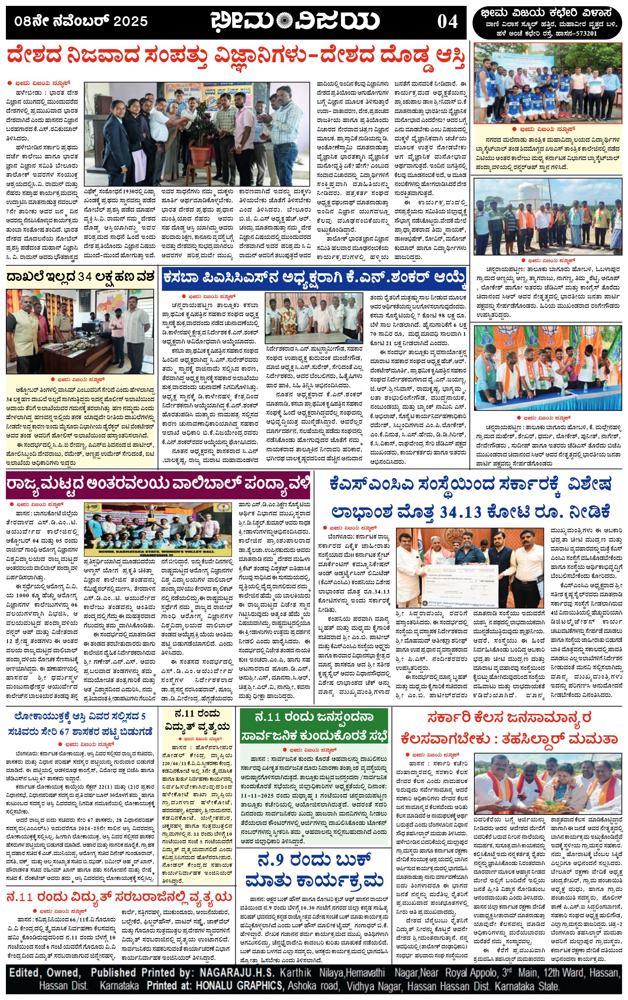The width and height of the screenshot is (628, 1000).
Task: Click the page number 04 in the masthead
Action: (x=447, y=21)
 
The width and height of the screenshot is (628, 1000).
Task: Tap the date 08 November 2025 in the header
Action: (x=81, y=21)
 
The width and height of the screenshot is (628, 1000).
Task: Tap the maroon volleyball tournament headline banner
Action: (x=158, y=484)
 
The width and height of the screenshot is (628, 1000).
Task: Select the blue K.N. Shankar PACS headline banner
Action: (x=314, y=278)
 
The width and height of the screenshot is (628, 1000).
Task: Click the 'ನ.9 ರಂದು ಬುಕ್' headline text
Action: (x=314, y=860)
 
